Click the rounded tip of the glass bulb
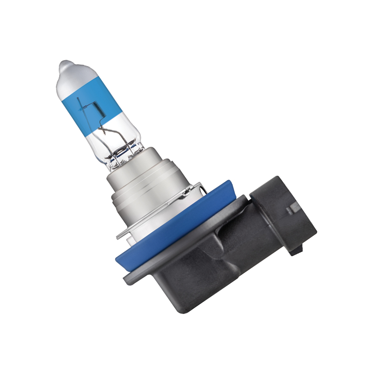(66, 65)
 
